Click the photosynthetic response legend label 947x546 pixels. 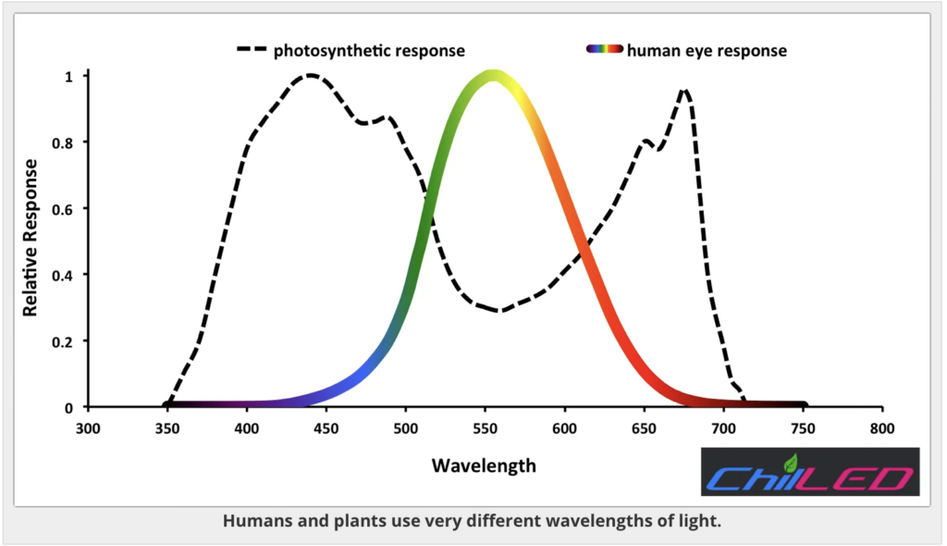pyautogui.click(x=368, y=50)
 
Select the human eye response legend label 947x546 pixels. pyautogui.click(x=707, y=50)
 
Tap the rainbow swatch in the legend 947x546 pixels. pyautogui.click(x=605, y=50)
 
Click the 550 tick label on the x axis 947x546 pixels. pyautogui.click(x=485, y=428)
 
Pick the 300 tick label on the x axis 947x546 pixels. pyautogui.click(x=87, y=428)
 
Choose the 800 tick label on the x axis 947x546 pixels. pyautogui.click(x=882, y=428)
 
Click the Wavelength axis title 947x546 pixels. pyautogui.click(x=484, y=465)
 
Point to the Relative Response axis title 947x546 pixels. pyautogui.click(x=31, y=238)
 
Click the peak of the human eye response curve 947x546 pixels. pyautogui.click(x=494, y=76)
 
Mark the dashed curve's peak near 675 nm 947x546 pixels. pyautogui.click(x=684, y=90)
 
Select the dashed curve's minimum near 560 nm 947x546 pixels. pyautogui.click(x=500, y=310)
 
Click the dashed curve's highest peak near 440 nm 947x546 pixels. pyautogui.click(x=311, y=75)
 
